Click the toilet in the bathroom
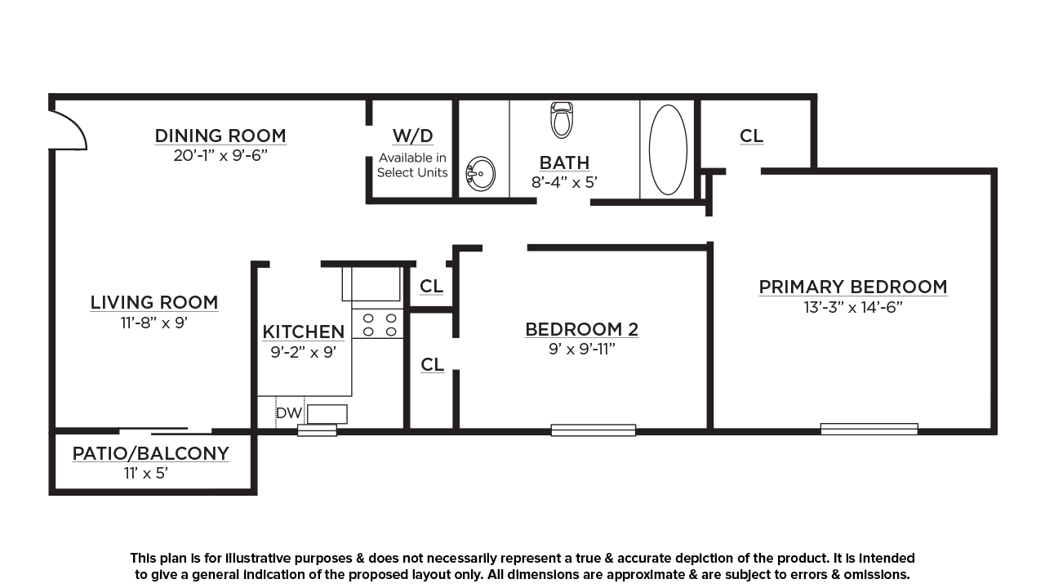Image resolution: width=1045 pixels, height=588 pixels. point(562,120)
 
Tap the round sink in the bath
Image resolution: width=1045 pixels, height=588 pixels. point(480,174)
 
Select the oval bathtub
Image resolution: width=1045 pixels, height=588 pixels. point(668,149)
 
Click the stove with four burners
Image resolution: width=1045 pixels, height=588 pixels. point(377,324)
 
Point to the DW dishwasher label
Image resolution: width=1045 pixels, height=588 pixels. point(289,413)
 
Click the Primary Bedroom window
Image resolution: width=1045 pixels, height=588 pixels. point(869,429)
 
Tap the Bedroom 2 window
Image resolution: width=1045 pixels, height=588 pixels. point(594,430)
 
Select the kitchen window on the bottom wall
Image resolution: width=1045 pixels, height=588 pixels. point(318,430)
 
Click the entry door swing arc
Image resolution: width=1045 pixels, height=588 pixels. point(76,125)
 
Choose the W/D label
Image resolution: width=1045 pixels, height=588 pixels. point(413,136)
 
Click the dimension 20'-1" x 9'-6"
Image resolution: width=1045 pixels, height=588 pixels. point(220,155)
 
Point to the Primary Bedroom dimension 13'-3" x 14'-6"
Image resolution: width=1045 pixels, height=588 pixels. point(853,308)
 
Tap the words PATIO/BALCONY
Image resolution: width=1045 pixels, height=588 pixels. point(151,453)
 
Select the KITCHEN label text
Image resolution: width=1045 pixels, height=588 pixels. point(303,332)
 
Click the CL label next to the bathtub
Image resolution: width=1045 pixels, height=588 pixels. point(752,136)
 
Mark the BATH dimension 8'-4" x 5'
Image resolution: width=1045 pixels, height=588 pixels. point(564,182)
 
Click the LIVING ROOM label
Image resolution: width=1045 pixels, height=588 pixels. point(154,302)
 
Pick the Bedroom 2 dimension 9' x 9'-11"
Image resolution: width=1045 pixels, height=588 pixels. point(582,349)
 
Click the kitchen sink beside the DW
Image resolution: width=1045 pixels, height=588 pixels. point(327,414)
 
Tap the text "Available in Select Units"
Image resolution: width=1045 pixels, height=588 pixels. point(412,165)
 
